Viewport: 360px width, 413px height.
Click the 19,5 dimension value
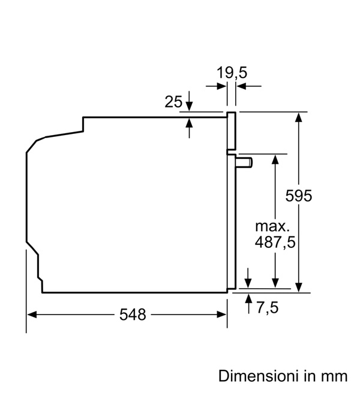coord(232,73)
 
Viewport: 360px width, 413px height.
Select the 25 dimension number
coord(173,101)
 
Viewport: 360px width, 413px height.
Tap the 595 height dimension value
coord(299,196)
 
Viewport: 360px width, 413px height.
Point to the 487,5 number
coord(275,242)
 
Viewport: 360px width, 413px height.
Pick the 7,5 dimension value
coord(268,307)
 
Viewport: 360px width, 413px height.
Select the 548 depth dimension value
coord(133,315)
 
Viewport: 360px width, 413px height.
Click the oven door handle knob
coord(244,162)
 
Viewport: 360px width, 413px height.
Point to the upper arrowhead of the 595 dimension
coord(298,116)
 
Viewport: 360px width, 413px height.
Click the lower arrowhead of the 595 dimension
coord(298,288)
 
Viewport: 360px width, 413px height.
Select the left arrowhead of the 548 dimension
coord(32,315)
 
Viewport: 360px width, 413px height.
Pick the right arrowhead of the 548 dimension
coord(221,315)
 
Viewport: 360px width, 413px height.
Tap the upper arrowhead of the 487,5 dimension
coord(275,159)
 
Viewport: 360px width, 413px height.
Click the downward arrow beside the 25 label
coord(189,101)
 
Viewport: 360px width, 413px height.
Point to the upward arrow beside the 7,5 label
coord(248,304)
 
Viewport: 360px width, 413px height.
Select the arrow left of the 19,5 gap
coord(216,86)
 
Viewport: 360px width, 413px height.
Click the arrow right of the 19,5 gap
coord(249,86)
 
